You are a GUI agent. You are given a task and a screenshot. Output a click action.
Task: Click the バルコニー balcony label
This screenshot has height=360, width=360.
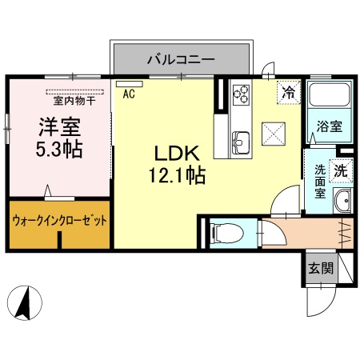point(180,58)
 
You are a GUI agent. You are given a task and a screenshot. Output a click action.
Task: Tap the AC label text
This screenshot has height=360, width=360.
point(128,94)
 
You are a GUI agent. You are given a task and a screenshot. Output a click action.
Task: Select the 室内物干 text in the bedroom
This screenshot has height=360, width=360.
point(74,101)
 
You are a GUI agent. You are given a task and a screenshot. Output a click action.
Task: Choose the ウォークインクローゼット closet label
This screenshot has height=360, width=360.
point(59,219)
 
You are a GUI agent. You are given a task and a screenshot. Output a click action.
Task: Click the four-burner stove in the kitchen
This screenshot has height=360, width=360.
point(241,95)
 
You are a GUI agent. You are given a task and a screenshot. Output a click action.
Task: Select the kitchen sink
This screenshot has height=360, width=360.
point(241,142)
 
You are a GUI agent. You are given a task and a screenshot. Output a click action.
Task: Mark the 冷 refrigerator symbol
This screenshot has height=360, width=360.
point(288,92)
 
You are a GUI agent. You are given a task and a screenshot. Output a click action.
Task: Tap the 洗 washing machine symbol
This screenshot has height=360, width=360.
point(341,170)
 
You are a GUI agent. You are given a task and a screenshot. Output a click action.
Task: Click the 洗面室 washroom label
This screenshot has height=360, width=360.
point(319,181)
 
